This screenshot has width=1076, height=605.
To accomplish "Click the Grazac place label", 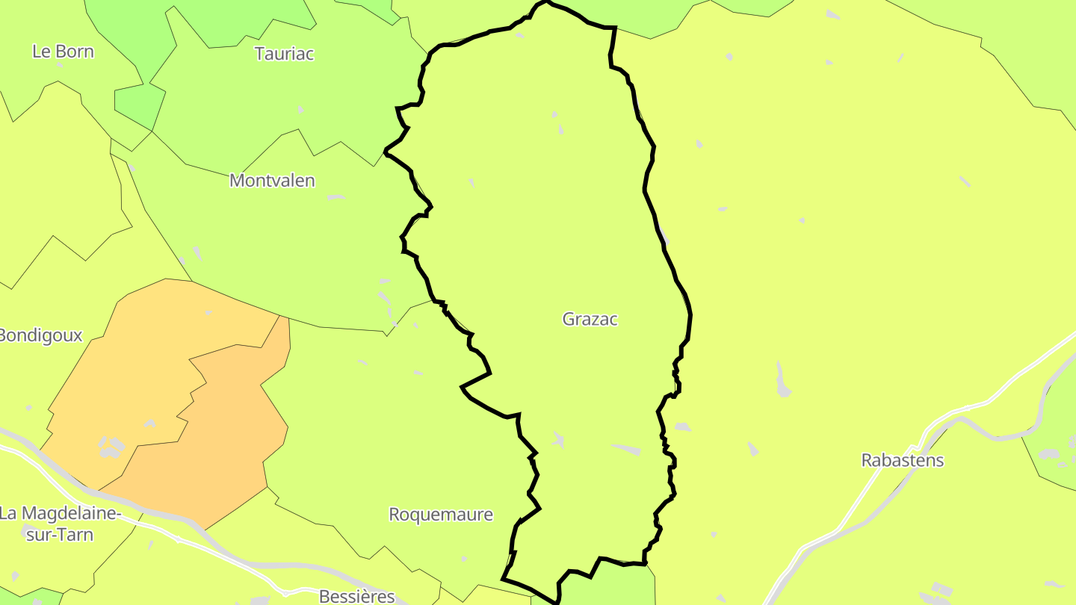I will coord(590,320).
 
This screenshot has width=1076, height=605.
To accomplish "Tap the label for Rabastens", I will coord(902,460).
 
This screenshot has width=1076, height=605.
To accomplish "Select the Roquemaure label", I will coord(441,515).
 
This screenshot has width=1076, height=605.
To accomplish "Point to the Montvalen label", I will coord(272,181).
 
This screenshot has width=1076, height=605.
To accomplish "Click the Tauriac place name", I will coord(284,54).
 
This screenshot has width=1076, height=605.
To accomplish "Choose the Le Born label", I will coord(63,52).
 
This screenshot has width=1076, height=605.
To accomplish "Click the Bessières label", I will coord(356,597).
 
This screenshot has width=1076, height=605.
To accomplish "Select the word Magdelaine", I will coord(70,514).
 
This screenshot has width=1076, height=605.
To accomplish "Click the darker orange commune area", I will coord(224,433).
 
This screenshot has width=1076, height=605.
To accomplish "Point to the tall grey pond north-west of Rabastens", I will coord(782,379).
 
